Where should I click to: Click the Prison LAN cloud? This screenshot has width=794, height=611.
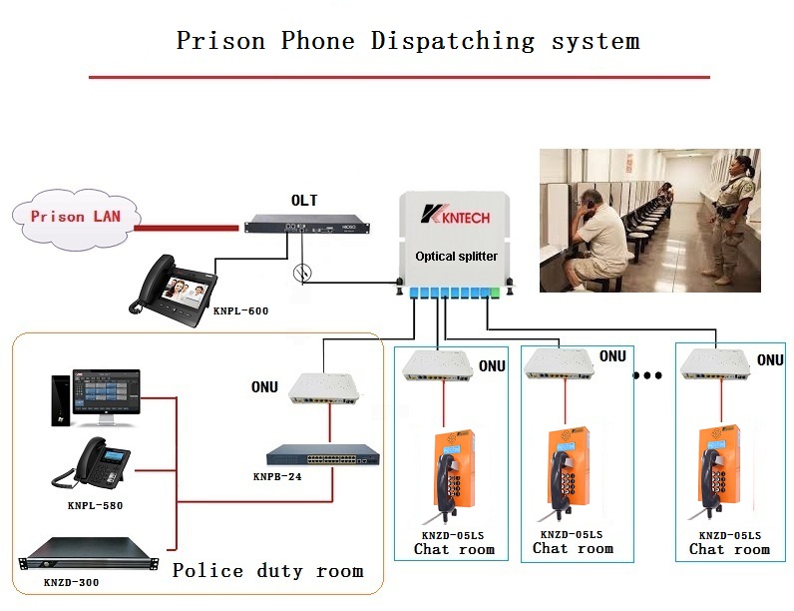click(71, 217)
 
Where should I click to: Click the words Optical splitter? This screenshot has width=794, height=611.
click(456, 257)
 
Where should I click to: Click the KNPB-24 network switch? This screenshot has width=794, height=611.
click(329, 455)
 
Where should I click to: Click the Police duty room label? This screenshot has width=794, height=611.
click(267, 571)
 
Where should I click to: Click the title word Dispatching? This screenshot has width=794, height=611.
click(453, 41)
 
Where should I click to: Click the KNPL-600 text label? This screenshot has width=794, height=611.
click(240, 310)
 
